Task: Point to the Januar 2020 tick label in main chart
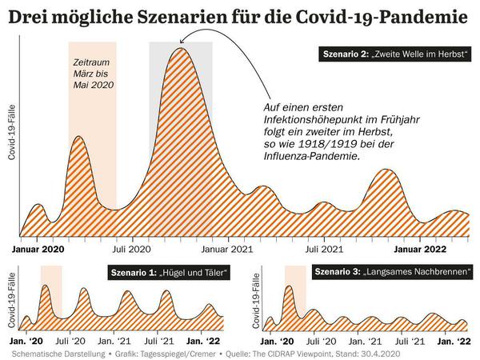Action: [42, 247]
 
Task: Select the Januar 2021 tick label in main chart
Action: [230, 247]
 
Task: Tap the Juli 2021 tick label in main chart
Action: [322, 247]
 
